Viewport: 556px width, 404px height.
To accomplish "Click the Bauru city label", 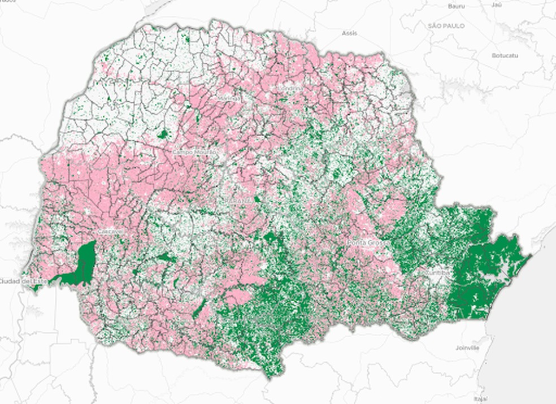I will (x=455, y=6).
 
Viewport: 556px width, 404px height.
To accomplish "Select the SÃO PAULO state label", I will (x=446, y=26).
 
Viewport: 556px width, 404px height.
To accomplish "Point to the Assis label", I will (x=349, y=33).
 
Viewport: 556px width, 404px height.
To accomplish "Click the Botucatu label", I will (x=505, y=55).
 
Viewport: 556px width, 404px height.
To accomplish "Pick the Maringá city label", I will (x=228, y=99).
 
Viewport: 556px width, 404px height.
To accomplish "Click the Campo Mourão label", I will (x=190, y=152).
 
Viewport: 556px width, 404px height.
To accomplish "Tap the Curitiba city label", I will (x=438, y=272).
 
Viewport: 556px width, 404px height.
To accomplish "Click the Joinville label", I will (x=467, y=348).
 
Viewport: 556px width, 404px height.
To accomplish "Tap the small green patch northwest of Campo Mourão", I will (x=163, y=134).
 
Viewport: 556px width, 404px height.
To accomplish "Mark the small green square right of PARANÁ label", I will (x=258, y=199).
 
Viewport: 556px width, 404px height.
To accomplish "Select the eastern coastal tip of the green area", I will (x=530, y=256).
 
